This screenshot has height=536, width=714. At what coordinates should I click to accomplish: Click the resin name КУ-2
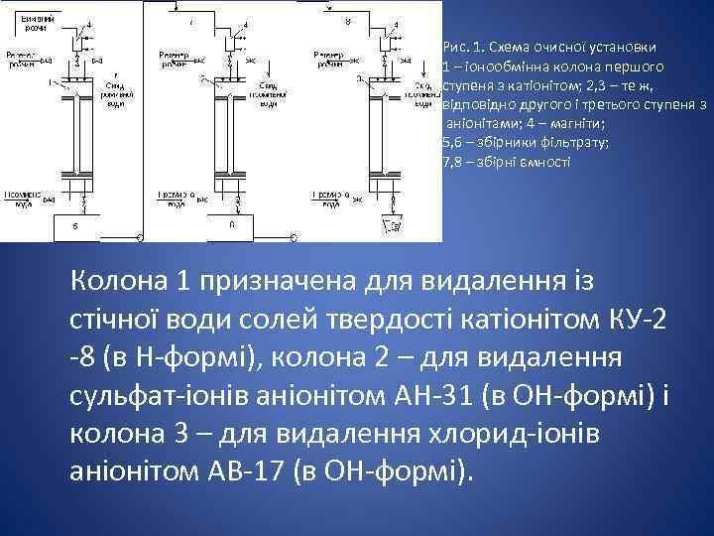tap(635, 320)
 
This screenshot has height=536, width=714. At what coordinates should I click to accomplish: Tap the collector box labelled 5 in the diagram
tap(75, 227)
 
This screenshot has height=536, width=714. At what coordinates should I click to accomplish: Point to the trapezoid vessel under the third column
tap(395, 227)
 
